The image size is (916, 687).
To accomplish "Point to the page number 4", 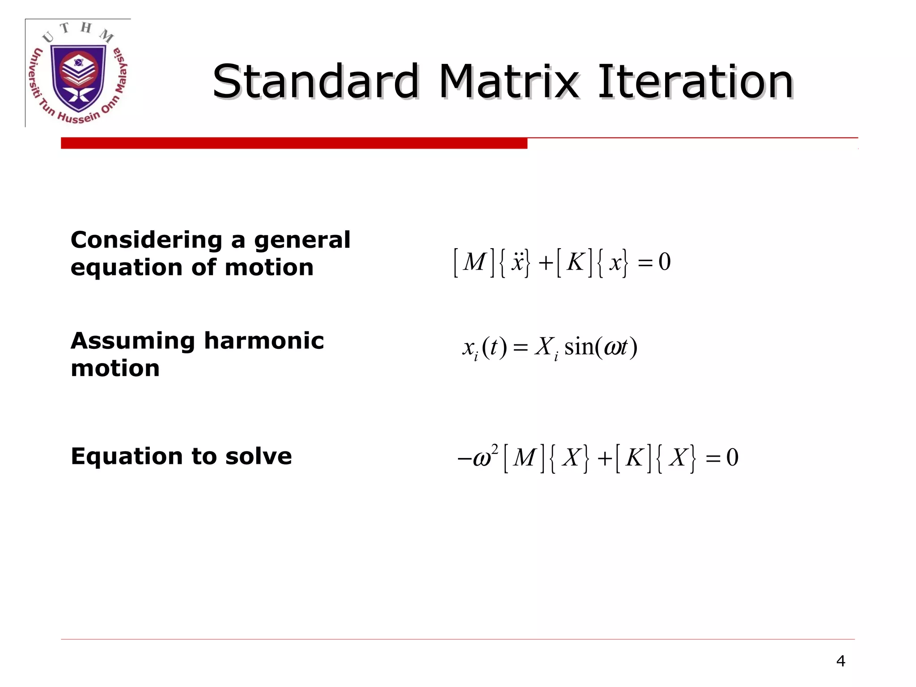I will point(840,661).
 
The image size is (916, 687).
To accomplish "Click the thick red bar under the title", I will point(294,143).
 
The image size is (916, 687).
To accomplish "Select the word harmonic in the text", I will point(264,341).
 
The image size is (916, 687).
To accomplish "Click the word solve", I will point(259,457).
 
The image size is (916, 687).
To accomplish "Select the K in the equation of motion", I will point(575,262).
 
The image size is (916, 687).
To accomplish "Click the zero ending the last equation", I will point(732,458).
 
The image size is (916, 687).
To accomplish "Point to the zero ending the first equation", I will point(665,262).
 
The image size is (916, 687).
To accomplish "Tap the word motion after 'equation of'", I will point(269,268).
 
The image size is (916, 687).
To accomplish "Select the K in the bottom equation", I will point(634,458).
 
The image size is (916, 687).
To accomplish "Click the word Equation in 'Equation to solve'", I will point(127,457).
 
